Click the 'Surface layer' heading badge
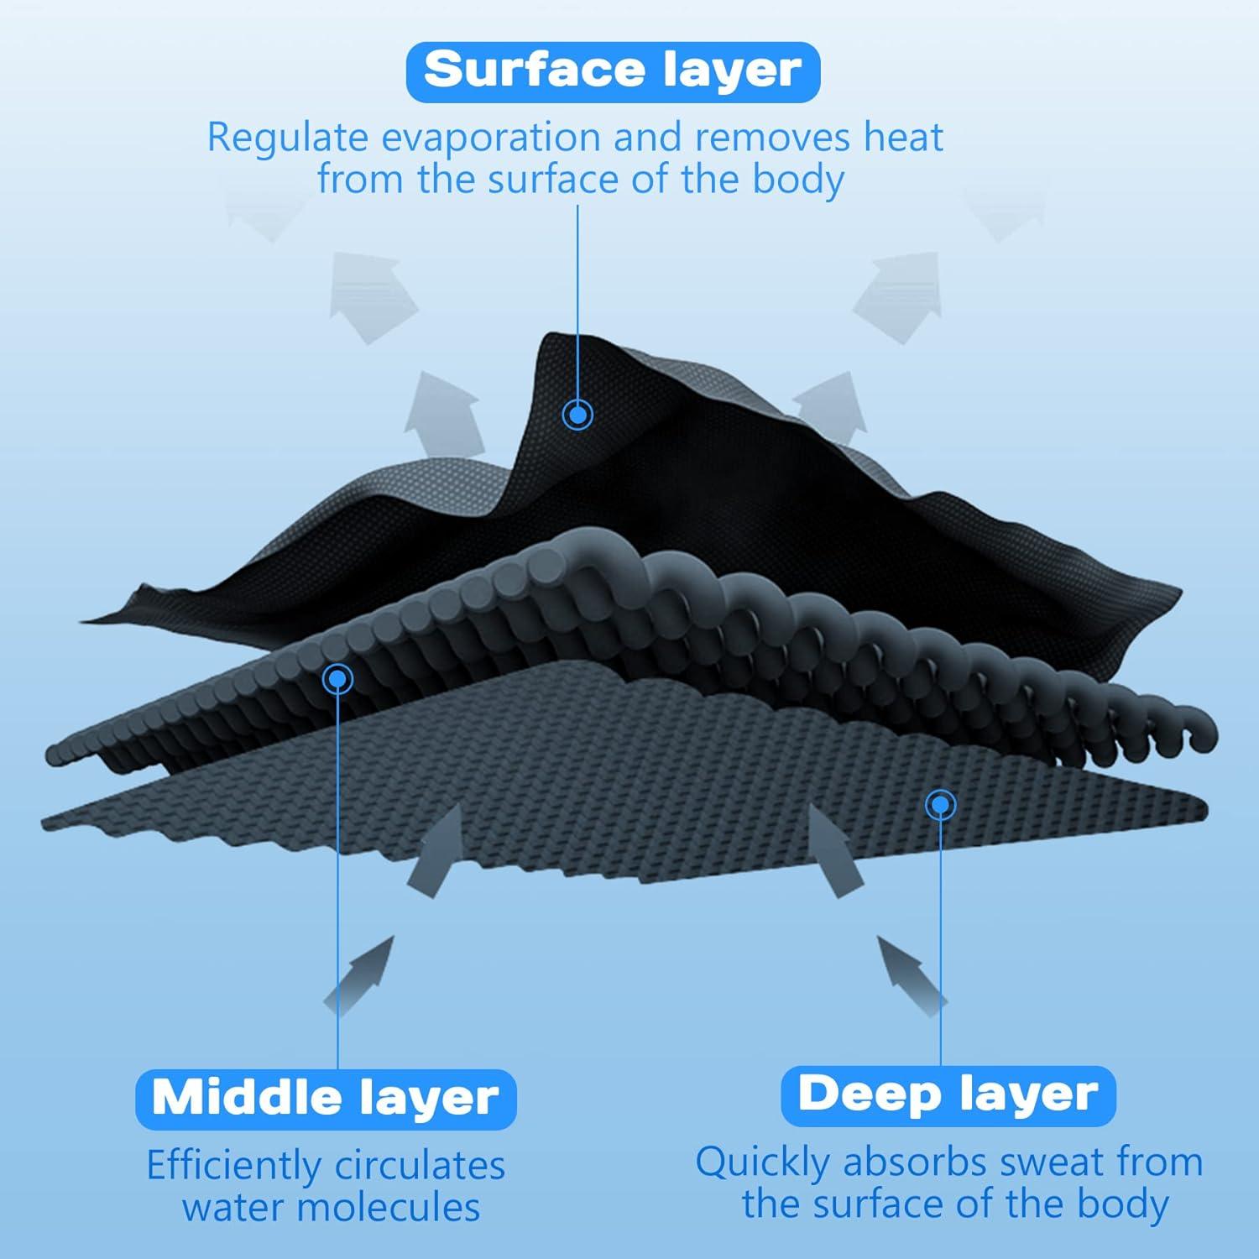[613, 71]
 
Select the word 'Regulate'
[288, 138]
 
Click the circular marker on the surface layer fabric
[577, 414]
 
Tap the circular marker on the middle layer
[337, 677]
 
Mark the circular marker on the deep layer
[941, 805]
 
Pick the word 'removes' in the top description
[763, 138]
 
